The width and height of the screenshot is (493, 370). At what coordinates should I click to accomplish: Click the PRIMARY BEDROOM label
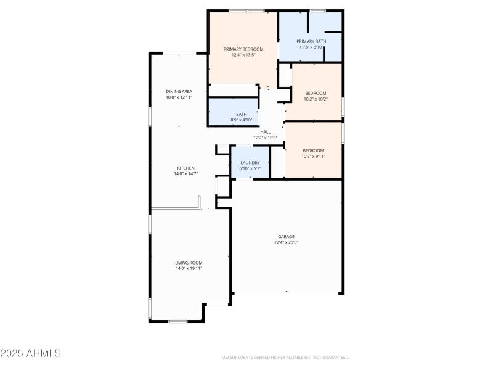[243, 49]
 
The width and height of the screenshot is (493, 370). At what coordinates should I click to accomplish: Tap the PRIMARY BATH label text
[311, 41]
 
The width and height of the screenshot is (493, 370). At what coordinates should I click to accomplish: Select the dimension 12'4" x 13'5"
[243, 55]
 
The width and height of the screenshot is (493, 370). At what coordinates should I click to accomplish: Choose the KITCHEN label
[186, 168]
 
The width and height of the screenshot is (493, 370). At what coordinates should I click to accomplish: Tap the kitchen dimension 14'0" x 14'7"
[186, 174]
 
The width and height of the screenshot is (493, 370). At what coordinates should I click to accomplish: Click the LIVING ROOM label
[189, 263]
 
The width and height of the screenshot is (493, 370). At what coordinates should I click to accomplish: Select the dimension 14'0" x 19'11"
[189, 268]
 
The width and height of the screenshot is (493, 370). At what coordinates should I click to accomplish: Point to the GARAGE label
[286, 236]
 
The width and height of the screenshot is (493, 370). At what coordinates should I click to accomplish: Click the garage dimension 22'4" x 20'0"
[286, 242]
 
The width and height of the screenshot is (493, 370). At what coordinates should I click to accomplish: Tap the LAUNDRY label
[250, 163]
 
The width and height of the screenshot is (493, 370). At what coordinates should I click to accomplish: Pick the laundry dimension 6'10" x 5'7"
[250, 168]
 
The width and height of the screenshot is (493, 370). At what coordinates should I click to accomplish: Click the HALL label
[266, 132]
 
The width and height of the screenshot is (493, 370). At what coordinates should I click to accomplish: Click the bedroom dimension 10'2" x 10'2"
[316, 99]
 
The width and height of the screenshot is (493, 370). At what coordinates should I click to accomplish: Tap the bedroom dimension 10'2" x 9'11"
[314, 156]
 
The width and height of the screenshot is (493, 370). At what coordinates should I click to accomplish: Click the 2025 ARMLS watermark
[31, 353]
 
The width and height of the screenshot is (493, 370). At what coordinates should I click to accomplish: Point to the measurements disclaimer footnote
[285, 357]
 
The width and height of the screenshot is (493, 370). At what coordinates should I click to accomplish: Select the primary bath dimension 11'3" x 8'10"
[311, 47]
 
